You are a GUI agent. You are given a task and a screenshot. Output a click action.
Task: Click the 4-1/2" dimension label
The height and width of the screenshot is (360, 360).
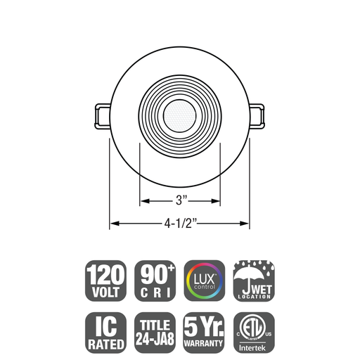coord(180,224)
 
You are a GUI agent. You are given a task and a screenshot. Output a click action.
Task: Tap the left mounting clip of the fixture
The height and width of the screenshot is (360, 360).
coord(101,114)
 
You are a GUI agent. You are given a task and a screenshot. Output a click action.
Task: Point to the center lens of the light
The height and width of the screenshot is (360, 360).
coord(180,112)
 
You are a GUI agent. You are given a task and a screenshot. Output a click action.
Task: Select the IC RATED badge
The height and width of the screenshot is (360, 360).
coord(105,331)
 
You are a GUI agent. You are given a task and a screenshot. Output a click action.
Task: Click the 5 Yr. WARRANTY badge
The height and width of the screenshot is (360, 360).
coord(204,331)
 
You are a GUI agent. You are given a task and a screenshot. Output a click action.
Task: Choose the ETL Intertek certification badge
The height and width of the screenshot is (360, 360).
coord(253,331)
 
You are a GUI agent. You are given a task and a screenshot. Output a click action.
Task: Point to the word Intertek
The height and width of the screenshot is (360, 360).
coord(253,346)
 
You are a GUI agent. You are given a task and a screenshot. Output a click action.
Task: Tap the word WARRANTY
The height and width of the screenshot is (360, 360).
coord(204,344)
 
